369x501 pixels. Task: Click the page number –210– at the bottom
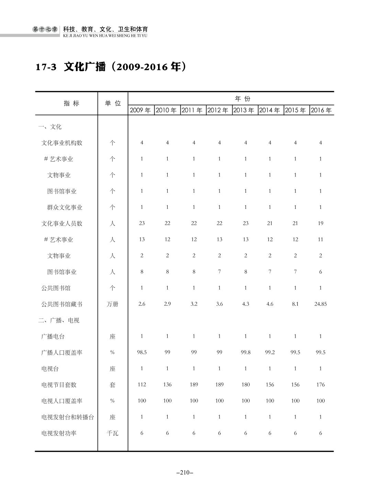184,472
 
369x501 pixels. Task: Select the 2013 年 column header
244,110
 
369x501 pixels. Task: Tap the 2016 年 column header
321,110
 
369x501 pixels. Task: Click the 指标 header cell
71,103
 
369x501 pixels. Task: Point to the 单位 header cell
113,103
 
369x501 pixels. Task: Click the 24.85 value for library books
320,304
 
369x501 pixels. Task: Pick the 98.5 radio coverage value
142,353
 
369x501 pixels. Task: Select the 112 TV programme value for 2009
142,385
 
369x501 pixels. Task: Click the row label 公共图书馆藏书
62,304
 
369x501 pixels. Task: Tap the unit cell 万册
112,304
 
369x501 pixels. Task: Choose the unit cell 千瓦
112,433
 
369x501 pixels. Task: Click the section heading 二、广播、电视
59,321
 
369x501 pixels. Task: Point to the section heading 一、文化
50,127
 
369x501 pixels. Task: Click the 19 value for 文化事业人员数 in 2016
320,223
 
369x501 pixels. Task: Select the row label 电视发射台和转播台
68,417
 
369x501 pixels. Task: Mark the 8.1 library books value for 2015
295,304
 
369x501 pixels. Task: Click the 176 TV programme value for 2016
320,385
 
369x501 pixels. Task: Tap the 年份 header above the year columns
243,99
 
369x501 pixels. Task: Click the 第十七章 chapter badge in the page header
45,30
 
